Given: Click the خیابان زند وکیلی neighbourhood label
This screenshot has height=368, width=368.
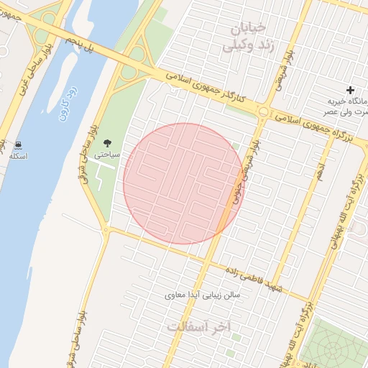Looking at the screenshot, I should (244, 37).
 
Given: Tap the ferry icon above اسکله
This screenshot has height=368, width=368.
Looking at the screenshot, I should (16, 145).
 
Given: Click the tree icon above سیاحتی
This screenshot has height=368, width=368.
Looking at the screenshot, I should (108, 143).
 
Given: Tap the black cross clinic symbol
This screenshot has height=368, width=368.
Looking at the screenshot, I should (350, 90).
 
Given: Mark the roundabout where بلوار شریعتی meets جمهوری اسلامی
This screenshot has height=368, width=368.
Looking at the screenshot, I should (264, 112).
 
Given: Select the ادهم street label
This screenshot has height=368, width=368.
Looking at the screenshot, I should (321, 172).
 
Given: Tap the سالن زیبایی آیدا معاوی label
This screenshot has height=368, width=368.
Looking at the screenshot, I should (206, 295).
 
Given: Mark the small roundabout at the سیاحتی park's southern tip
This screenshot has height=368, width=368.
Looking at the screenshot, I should (106, 231).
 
